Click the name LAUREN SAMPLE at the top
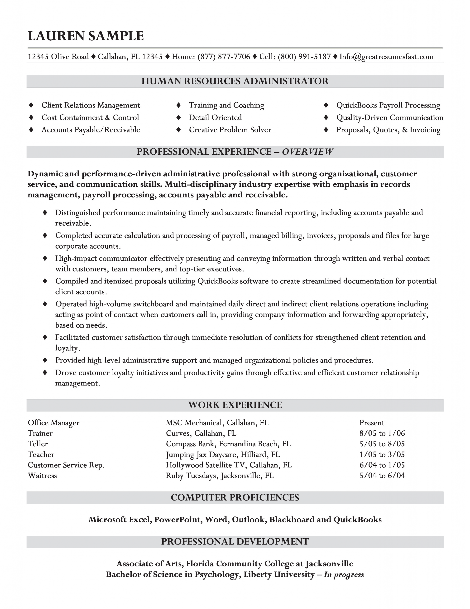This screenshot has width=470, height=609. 86,36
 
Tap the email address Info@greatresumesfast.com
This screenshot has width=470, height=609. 386,57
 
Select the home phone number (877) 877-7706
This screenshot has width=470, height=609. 224,57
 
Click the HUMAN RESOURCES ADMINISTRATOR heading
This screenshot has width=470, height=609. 235,81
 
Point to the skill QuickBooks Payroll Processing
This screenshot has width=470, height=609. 388,105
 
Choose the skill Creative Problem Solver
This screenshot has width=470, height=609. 230,130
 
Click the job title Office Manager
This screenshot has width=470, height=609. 53,423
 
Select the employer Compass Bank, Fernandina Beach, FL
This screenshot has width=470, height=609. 228,444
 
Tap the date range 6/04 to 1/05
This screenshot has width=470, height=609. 382,465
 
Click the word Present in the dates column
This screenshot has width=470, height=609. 372,423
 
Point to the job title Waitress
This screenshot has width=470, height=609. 42,476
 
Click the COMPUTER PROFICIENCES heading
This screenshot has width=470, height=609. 235,497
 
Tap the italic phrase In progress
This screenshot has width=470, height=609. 344,575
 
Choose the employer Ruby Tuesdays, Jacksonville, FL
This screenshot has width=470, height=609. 220,476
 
